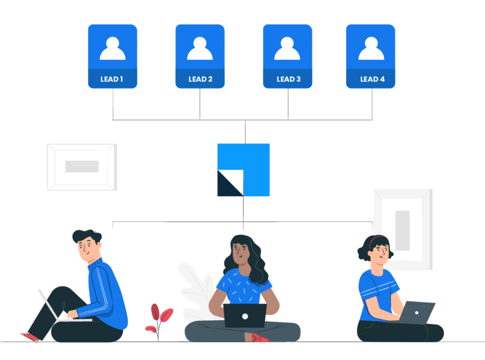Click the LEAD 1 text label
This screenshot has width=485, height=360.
(112, 79)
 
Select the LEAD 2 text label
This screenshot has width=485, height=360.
(200, 79)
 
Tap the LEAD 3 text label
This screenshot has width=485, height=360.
(288, 79)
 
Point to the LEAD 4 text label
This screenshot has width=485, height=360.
(372, 79)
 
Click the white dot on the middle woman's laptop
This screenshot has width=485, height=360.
(245, 316)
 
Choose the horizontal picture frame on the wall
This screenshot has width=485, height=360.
(82, 167)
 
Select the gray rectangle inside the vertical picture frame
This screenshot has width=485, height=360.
(402, 230)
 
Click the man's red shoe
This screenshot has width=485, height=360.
(30, 337)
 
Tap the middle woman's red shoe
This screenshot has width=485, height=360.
(259, 338)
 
